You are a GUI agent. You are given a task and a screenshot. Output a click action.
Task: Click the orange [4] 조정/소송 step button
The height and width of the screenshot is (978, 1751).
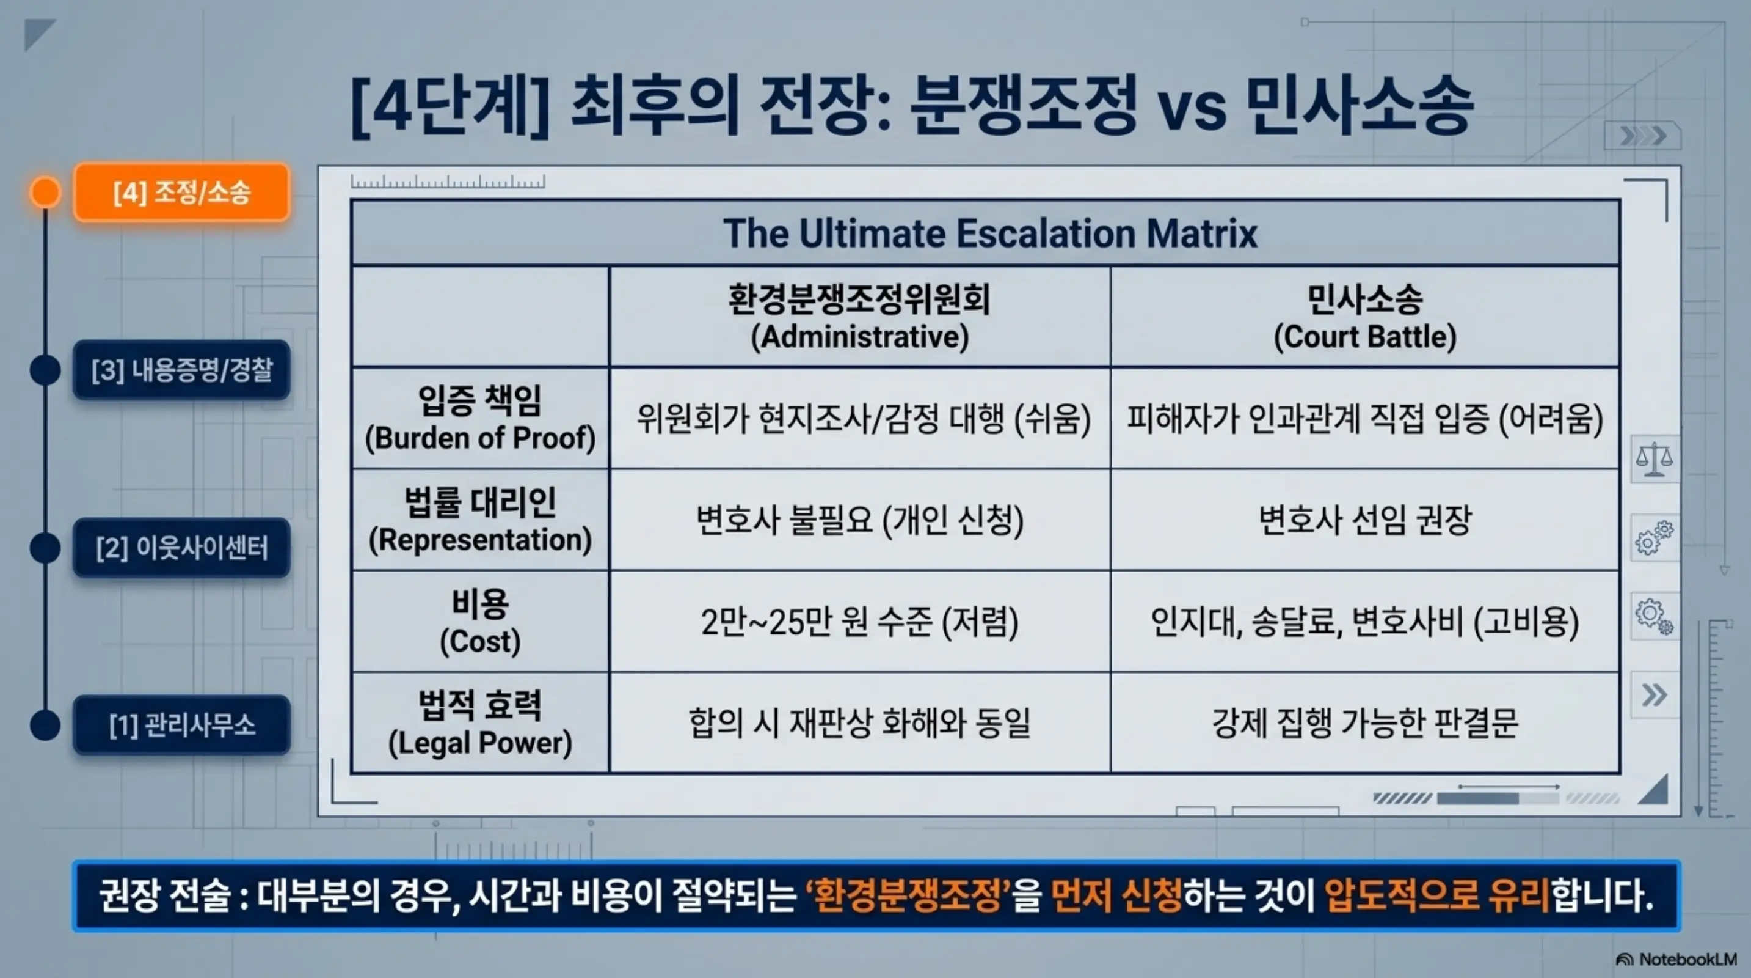[x=181, y=193]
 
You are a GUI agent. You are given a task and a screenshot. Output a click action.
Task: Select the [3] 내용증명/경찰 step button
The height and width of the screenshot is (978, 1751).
[x=181, y=370]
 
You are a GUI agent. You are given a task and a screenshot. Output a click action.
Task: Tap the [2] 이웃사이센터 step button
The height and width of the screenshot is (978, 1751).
[x=181, y=548]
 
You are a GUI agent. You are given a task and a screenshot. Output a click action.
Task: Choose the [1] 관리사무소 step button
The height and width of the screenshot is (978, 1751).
[x=181, y=725]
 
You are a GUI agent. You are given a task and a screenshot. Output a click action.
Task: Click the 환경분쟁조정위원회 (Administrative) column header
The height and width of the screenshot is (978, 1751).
[x=859, y=317]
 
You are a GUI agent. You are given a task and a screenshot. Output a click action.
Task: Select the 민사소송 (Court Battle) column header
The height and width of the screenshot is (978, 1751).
[x=1365, y=317]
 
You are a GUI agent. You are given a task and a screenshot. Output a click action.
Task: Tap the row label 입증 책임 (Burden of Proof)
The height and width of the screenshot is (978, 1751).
[x=480, y=418]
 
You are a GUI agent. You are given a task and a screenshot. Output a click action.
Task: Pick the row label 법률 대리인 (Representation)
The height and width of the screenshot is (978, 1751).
[x=480, y=520]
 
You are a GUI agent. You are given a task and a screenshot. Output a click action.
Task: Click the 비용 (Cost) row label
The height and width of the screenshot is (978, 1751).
[x=480, y=622]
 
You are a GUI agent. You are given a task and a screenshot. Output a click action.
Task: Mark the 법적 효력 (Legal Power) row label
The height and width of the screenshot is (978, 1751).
[x=480, y=723]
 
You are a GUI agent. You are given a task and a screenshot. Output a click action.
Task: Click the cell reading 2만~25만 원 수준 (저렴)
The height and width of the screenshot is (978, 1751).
[x=859, y=622]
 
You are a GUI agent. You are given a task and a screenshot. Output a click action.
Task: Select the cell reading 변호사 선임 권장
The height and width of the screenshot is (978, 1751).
[x=1365, y=520]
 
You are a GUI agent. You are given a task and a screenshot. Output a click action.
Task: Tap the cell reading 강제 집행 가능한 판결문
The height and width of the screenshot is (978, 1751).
[x=1365, y=723]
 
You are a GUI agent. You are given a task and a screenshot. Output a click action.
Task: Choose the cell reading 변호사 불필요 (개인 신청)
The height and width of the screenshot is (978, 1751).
[x=859, y=520]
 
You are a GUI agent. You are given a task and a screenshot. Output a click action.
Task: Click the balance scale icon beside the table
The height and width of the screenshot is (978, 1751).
[x=1653, y=459]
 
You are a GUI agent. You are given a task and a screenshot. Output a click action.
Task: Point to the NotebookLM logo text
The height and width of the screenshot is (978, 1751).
[x=1687, y=959]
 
